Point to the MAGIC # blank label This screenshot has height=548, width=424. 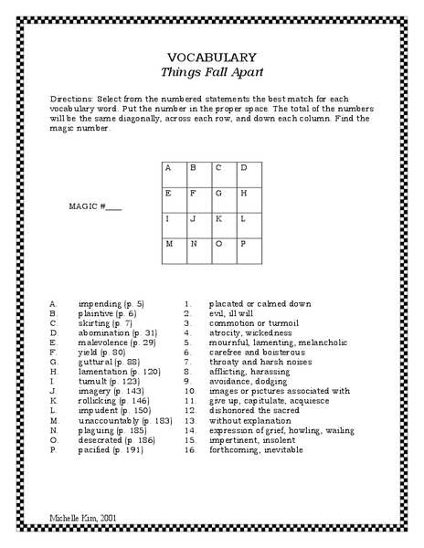[96, 205]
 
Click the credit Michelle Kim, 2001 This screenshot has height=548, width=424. [85, 517]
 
